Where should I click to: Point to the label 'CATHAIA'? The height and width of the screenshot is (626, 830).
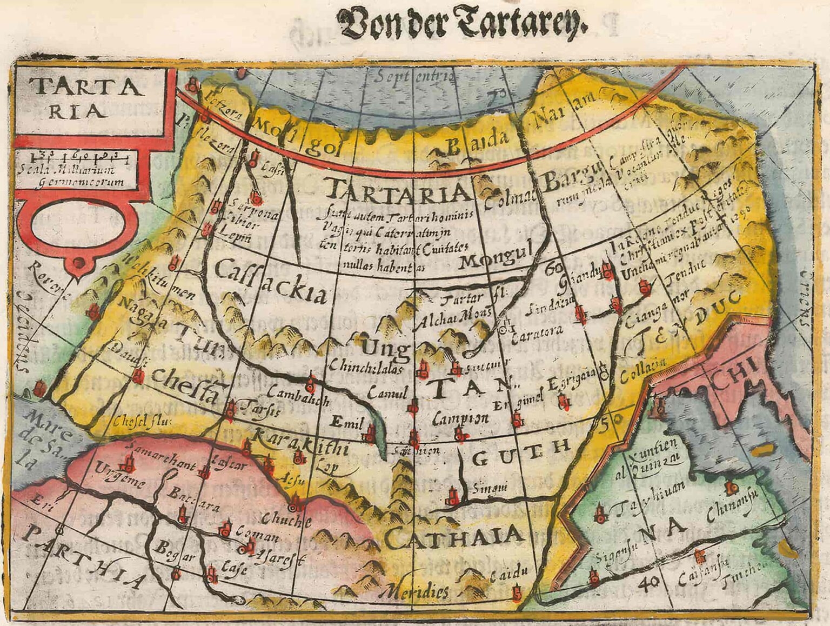tap(454, 536)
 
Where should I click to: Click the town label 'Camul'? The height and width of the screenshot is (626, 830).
tap(387, 393)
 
